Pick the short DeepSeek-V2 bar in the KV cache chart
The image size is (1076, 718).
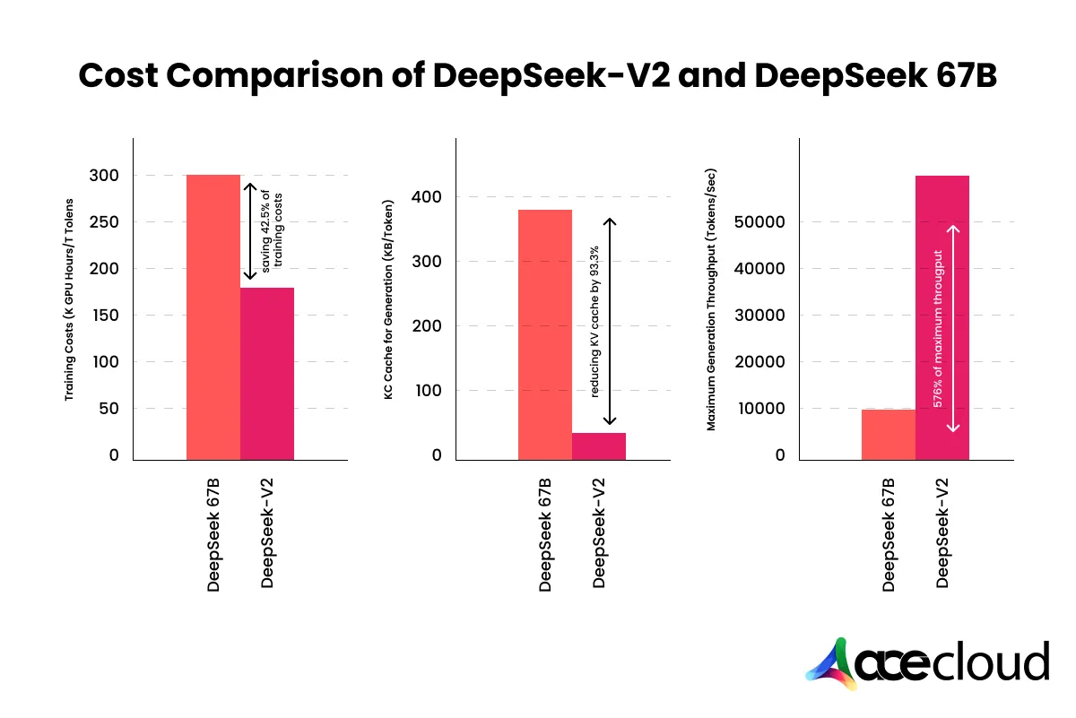pyautogui.click(x=599, y=446)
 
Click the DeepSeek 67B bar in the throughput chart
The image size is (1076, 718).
pyautogui.click(x=889, y=435)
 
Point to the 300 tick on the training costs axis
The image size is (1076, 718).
pyautogui.click(x=104, y=176)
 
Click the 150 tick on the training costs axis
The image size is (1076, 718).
pyautogui.click(x=104, y=316)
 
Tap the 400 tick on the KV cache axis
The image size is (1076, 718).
pyautogui.click(x=429, y=197)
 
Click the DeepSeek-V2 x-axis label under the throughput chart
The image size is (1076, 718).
pyautogui.click(x=942, y=534)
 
